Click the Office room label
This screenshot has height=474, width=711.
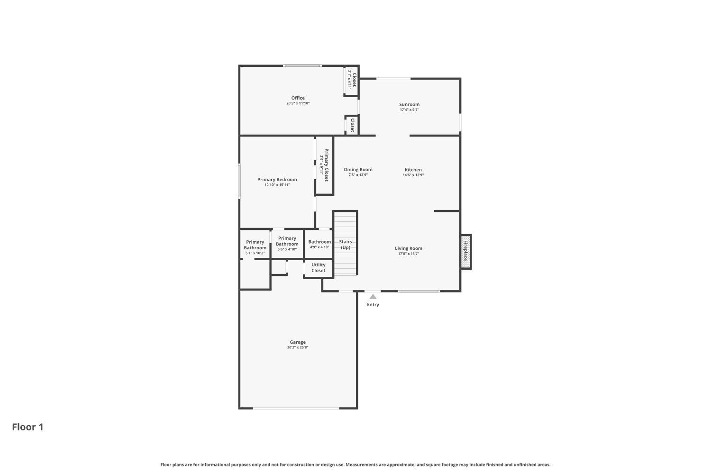coord(298,98)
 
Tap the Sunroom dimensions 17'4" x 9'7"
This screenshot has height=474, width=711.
coord(409,110)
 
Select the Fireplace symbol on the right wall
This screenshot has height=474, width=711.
coord(465,251)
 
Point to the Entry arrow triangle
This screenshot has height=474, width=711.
coord(373,297)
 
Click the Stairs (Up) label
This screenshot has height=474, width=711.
coord(346,245)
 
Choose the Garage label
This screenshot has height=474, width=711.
coord(298,342)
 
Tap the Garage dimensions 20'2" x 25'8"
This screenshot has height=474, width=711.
coord(298,347)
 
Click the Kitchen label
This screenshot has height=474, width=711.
coord(413,170)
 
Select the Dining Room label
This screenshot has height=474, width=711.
coord(358,170)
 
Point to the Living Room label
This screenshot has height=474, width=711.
coord(409,248)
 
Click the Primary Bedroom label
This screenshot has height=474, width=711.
coord(277,180)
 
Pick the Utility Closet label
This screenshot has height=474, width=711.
coord(318,268)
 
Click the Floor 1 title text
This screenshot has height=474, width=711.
coord(27,427)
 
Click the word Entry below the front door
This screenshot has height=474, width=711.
coord(373,305)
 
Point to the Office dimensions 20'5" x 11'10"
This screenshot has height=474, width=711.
coord(298,103)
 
